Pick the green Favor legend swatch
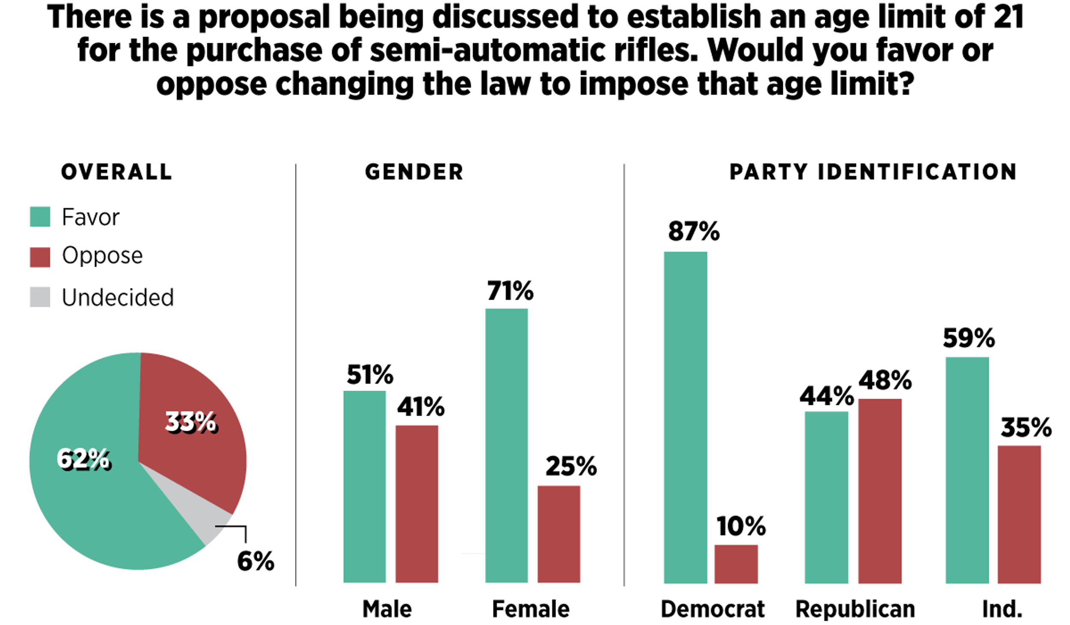click(40, 217)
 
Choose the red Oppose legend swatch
click(40, 257)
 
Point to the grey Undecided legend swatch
click(40, 297)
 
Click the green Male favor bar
click(365, 487)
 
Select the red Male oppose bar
click(416, 504)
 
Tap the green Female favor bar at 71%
click(506, 446)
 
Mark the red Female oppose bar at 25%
click(559, 534)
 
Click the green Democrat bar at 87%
click(685, 417)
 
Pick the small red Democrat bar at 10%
click(736, 564)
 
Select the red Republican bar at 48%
click(880, 491)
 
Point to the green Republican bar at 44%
click(826, 497)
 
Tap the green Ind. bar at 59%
click(967, 470)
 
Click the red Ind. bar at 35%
click(1019, 515)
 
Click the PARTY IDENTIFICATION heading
click(873, 172)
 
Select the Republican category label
click(855, 609)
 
